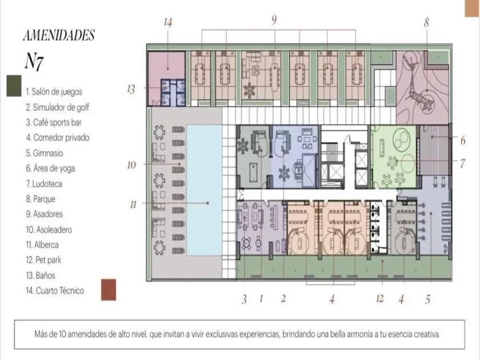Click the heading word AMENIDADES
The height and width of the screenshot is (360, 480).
coord(59,35)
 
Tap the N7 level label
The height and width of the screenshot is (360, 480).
coord(34,62)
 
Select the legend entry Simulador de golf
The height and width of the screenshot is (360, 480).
coord(57,107)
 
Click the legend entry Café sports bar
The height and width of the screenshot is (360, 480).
coord(54,122)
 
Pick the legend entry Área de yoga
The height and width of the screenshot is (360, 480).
coord(50,169)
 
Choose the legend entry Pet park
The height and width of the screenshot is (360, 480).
coord(43,260)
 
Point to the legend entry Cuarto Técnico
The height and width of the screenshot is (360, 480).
coord(55,290)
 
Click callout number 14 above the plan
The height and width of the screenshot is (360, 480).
coord(168,22)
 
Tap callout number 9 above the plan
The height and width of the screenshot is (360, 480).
coord(274,20)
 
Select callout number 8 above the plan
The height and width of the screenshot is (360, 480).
coord(426,22)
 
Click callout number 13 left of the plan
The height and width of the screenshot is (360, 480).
coord(131,89)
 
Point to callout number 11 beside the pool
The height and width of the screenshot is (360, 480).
coord(133,205)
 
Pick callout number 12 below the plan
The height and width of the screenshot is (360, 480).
coord(379,298)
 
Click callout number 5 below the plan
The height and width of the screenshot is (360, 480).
coord(427,299)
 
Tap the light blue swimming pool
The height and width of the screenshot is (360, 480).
coord(204,190)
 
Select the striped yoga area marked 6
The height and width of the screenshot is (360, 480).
coord(434,149)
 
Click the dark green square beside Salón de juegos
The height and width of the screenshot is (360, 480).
coord(14,86)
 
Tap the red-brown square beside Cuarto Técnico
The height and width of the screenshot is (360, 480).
coord(109,290)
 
